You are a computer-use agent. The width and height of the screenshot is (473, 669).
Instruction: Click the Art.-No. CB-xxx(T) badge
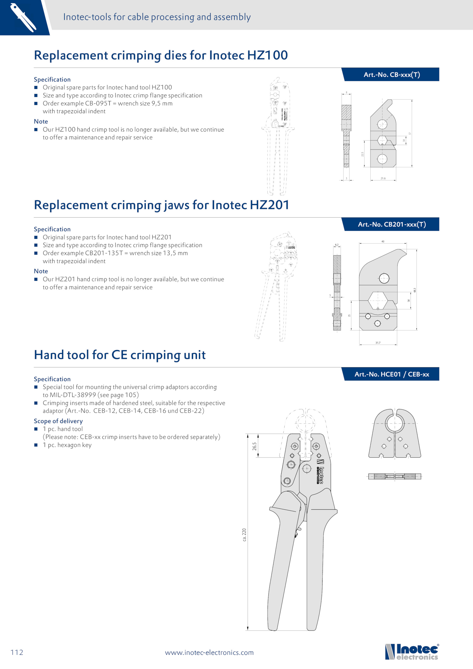tap(391, 74)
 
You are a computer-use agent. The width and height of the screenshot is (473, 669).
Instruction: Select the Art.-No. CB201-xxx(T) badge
tap(391, 224)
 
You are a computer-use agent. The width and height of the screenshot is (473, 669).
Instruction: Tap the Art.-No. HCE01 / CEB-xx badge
tap(391, 374)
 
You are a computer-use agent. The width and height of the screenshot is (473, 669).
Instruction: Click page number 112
tap(17, 652)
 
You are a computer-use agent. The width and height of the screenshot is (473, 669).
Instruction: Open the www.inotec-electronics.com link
tap(209, 652)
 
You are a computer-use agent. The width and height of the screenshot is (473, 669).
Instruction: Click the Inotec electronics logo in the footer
tap(412, 652)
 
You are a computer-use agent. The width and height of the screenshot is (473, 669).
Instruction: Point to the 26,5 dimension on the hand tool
tap(255, 446)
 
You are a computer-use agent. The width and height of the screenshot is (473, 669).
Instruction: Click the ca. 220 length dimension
tap(244, 534)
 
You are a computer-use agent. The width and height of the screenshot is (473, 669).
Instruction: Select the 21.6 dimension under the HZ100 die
tap(383, 178)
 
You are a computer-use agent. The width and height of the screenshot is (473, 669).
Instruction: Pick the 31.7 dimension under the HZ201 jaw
tap(378, 343)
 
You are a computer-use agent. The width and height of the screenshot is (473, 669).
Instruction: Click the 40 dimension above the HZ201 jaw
tap(383, 242)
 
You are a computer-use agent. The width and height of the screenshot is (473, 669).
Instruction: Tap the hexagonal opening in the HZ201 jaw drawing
tap(378, 300)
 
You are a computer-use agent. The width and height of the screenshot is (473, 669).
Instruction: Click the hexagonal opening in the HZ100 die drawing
tap(382, 140)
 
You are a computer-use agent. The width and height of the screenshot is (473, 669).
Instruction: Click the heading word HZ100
tap(267, 55)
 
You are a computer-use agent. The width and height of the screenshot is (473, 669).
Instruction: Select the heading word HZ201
tap(269, 205)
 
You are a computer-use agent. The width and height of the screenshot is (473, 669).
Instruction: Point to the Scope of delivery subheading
tap(58, 421)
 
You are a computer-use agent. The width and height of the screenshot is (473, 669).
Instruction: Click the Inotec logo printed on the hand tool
tap(320, 472)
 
